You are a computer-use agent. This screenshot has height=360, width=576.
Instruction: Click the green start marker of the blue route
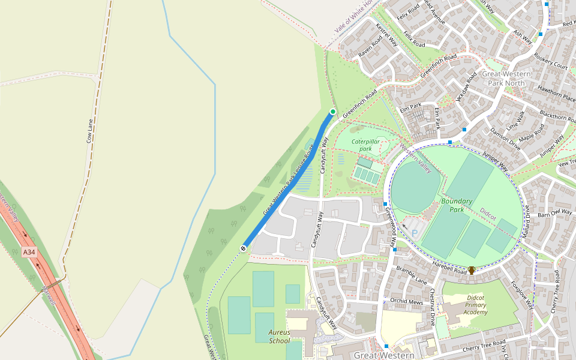(x=333, y=112)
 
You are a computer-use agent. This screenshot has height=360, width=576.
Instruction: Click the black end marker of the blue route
(x=244, y=248)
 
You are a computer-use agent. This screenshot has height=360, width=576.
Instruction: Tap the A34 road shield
(x=29, y=253)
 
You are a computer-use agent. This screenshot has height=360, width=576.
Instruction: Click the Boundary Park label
(x=457, y=205)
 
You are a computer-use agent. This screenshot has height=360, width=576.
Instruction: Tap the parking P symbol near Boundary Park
(x=414, y=232)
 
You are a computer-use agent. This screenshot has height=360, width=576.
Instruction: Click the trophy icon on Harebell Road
(x=472, y=270)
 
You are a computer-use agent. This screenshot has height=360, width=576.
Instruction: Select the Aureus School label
(x=280, y=336)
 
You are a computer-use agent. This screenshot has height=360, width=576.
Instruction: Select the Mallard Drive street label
(x=526, y=220)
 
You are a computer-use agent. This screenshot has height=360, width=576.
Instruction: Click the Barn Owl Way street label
(x=555, y=212)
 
